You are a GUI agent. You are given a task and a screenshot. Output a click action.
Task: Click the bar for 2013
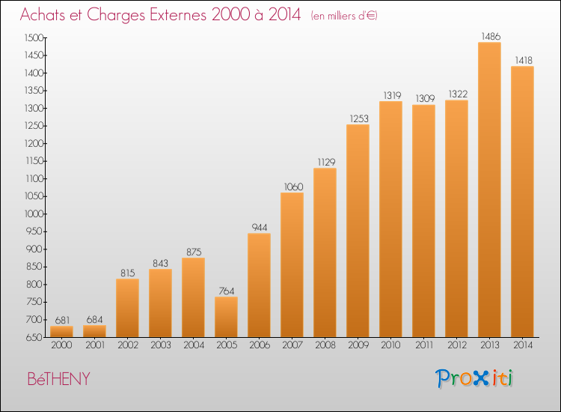coord(489,190)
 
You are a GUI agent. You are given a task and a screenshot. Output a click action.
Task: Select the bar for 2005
coord(226,317)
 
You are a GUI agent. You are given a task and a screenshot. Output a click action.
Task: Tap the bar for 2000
coord(61,331)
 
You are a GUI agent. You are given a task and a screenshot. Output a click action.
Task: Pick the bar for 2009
coord(358,231)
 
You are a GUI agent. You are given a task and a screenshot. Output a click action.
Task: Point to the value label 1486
coord(491,36)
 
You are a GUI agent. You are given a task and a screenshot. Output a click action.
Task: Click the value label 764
coord(227,291)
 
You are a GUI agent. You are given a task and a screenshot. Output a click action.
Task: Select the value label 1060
coord(293,187)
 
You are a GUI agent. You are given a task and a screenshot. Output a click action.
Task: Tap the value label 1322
coord(458,94)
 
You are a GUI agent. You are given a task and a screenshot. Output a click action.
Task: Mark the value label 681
coord(62,320)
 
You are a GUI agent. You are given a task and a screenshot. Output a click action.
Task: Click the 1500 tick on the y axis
coord(34,37)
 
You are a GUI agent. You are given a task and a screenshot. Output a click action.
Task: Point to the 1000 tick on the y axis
coord(34,214)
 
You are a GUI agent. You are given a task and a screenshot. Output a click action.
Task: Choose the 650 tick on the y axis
coord(34,337)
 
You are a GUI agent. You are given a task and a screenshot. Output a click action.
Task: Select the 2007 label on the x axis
coord(292,345)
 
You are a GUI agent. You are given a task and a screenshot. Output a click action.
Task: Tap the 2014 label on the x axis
coord(523,345)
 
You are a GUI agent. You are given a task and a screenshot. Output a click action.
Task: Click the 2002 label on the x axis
coord(128,345)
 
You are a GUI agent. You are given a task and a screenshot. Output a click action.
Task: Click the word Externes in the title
coord(178,14)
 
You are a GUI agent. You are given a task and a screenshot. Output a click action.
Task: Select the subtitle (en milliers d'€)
coord(344,16)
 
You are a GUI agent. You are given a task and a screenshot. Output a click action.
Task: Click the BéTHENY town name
coord(58,379)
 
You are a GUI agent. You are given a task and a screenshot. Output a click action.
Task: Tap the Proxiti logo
coord(474,378)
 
